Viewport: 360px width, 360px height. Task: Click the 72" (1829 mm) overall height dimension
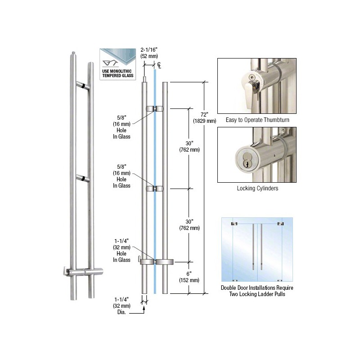[205, 117]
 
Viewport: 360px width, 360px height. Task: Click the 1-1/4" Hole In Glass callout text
[121, 253]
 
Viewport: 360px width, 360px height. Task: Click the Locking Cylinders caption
[257, 188]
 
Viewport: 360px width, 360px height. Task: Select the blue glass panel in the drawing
[155, 180]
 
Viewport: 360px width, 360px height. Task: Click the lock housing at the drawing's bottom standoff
[146, 261]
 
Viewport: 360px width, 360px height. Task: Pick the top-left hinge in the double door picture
[234, 223]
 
